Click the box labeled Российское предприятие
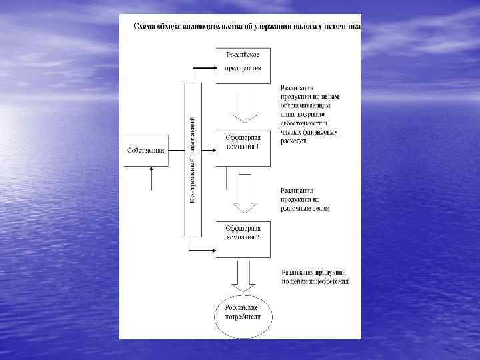(243, 65)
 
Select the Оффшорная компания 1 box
(243, 148)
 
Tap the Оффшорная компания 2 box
(243, 239)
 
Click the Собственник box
(145, 149)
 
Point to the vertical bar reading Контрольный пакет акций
(193, 160)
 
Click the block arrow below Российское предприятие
(244, 107)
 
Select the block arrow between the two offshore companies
(244, 193)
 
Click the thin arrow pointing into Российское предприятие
(203, 67)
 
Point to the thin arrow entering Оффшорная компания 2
(202, 251)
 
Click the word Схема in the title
(145, 27)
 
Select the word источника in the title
(339, 27)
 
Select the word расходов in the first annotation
(293, 141)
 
